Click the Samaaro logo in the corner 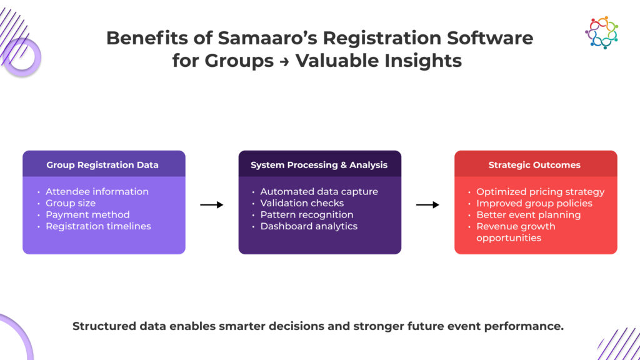(x=601, y=32)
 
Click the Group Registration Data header (x=102, y=165)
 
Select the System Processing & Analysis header (x=319, y=165)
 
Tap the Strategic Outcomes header (x=534, y=165)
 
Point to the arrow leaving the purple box (x=211, y=204)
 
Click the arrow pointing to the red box (x=427, y=204)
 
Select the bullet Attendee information (x=97, y=192)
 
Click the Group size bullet (x=71, y=203)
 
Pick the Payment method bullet (x=87, y=215)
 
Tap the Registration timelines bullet (x=98, y=226)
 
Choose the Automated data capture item (x=319, y=192)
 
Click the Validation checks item (x=302, y=203)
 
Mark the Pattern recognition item (x=306, y=215)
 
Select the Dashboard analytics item (x=309, y=226)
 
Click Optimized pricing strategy (x=540, y=192)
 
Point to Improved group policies (x=534, y=203)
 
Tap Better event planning (x=528, y=215)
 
